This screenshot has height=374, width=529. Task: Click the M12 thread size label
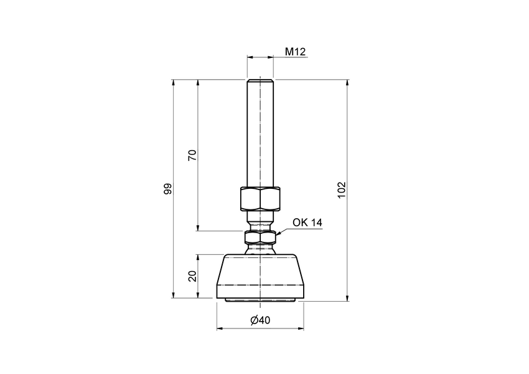click(x=295, y=52)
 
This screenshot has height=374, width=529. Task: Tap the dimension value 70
click(x=192, y=156)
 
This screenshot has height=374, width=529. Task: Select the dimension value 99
click(x=167, y=189)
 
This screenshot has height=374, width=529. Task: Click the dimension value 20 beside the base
click(x=192, y=276)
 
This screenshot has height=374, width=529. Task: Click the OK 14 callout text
click(x=307, y=222)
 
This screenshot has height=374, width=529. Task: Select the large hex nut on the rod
click(x=260, y=199)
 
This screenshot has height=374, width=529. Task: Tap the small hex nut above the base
click(x=260, y=237)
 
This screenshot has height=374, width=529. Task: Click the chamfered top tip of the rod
click(x=260, y=80)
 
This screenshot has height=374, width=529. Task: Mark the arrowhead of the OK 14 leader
click(x=278, y=234)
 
